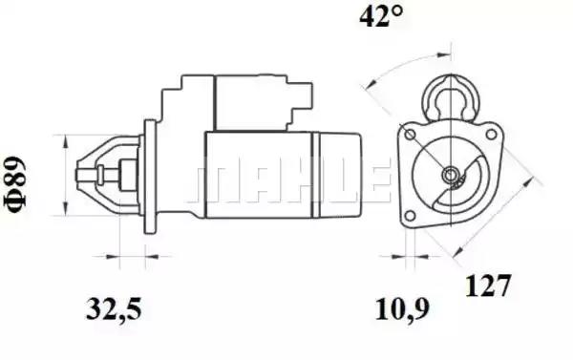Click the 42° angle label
381,16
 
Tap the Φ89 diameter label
15,185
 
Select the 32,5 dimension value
114,309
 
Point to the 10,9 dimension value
402,309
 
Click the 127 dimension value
487,286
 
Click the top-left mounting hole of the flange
411,134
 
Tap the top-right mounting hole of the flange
491,134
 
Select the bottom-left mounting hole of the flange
411,216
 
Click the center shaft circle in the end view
449,174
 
